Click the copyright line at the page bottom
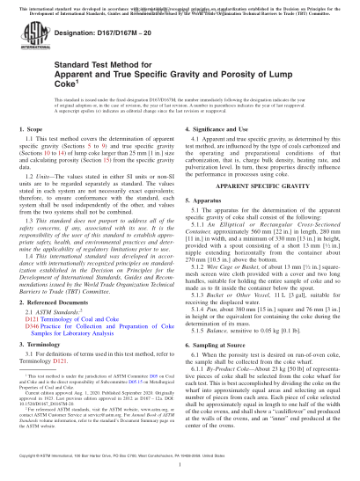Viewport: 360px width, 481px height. (x=180, y=470)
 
